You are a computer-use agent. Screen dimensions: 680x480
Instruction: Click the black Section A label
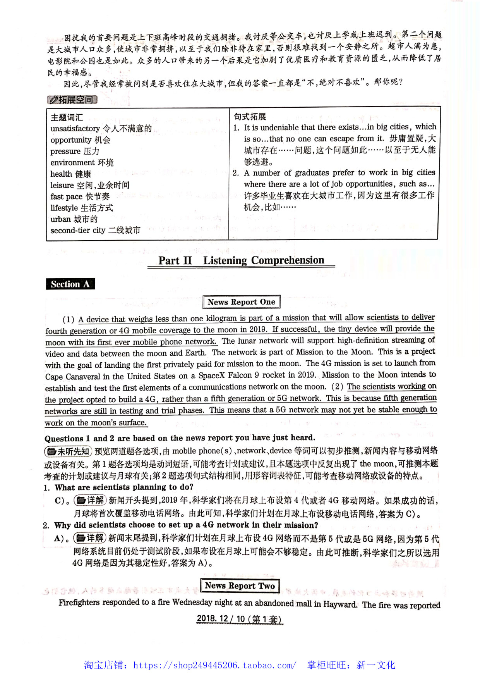point(70,284)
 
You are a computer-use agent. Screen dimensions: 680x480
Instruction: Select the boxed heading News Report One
point(241,302)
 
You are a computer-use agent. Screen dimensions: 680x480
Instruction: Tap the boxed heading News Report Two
point(240,585)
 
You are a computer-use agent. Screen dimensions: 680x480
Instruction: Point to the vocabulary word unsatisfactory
point(75,128)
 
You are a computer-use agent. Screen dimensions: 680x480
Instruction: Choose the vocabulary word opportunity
point(71,140)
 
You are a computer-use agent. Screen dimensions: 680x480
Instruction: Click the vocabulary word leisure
point(62,185)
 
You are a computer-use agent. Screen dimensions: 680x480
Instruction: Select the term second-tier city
point(78,231)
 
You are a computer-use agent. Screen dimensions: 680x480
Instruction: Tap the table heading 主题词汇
point(67,117)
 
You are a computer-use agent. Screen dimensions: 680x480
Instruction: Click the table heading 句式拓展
point(250,116)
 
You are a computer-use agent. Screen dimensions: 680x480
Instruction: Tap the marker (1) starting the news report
point(69,319)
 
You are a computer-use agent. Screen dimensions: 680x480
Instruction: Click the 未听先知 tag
point(68,451)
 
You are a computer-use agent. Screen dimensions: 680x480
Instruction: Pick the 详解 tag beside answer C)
point(90,501)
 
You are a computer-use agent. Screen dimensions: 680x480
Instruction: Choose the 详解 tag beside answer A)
point(90,538)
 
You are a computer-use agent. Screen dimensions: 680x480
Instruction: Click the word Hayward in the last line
point(340,604)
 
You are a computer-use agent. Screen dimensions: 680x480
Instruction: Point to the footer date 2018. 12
point(213,618)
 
